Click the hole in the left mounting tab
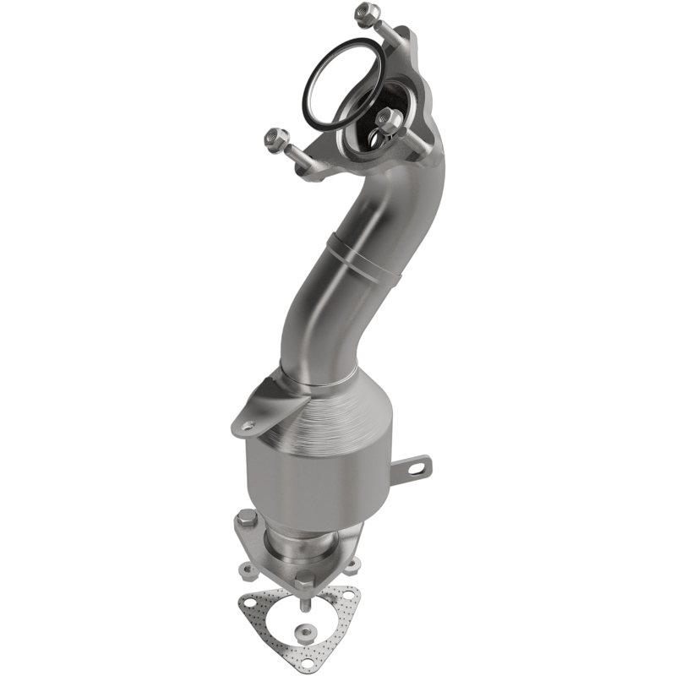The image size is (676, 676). pos(247,425)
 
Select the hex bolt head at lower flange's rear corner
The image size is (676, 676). pos(246,517)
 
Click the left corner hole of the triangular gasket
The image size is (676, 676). pos(250,602)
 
